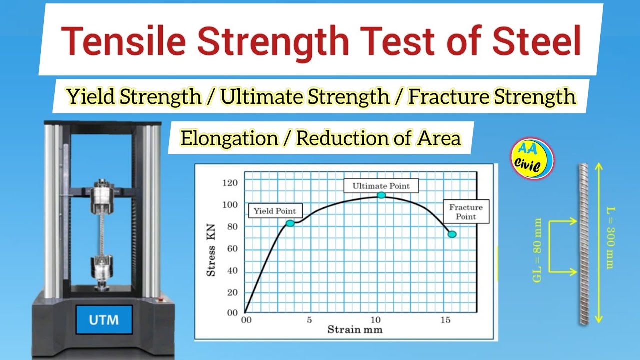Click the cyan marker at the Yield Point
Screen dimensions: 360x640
click(290, 223)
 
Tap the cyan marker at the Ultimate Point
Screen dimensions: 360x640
click(381, 195)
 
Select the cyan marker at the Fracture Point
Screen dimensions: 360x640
click(452, 234)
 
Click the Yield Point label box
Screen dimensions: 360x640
click(275, 211)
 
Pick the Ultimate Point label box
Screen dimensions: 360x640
click(381, 186)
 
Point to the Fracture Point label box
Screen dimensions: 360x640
click(466, 212)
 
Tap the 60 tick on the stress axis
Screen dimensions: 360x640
click(232, 248)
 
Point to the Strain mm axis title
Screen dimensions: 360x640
click(355, 330)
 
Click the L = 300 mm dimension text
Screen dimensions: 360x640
click(609, 238)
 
